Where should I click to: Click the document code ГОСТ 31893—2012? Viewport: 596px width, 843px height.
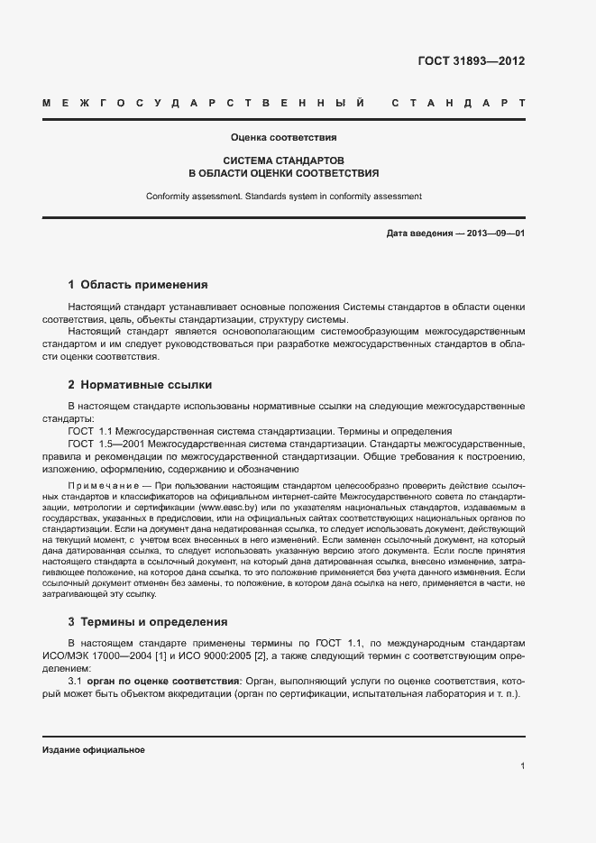tap(471, 61)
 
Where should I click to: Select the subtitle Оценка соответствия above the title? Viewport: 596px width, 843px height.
tap(283, 138)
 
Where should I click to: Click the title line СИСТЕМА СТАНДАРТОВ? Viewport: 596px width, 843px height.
tap(283, 159)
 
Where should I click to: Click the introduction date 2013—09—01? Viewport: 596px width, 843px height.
tap(495, 234)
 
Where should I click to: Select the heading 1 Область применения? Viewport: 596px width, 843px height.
tap(138, 284)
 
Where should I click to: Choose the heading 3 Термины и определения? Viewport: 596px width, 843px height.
tap(148, 621)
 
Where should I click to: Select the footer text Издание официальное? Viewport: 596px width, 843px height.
tap(93, 749)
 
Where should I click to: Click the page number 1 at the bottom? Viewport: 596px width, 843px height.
tap(522, 765)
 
